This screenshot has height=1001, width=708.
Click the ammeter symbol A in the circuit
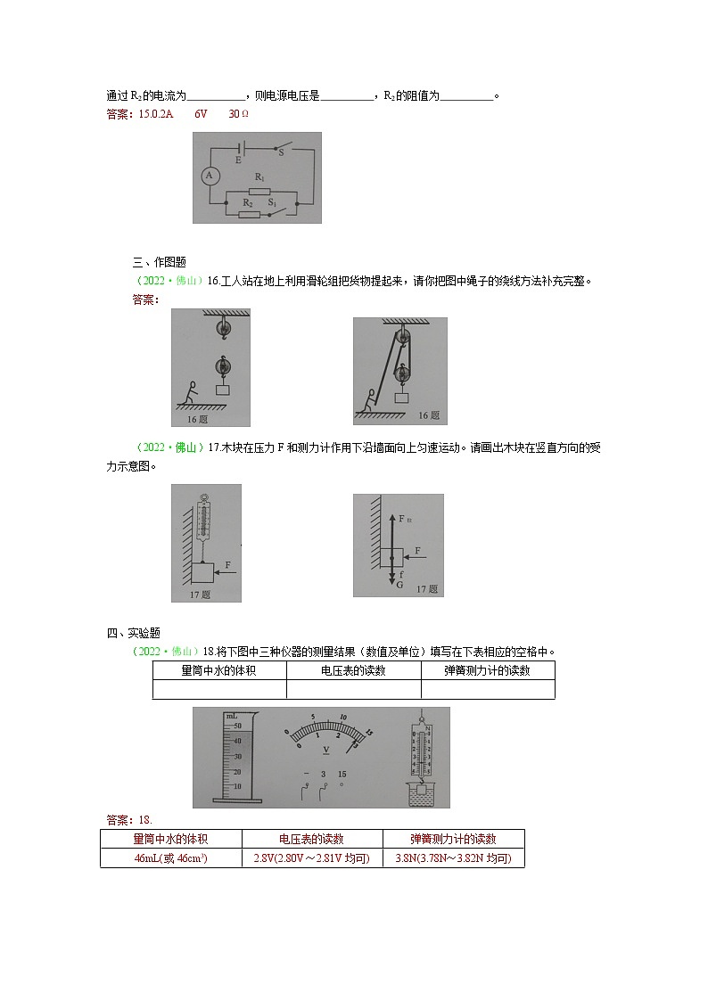[x=210, y=176]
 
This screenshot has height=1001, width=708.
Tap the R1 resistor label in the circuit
[x=259, y=177]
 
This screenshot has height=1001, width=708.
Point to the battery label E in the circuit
[x=238, y=160]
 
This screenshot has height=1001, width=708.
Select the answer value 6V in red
[x=201, y=114]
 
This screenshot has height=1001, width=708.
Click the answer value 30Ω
[x=238, y=114]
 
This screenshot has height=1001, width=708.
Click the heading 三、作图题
[x=159, y=262]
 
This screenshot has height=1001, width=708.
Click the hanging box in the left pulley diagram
[x=222, y=389]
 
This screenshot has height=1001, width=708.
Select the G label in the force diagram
[x=399, y=586]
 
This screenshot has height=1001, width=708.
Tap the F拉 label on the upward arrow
[x=403, y=517]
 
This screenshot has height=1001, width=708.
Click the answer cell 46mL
[x=170, y=858]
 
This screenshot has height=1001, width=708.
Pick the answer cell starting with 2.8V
[x=311, y=858]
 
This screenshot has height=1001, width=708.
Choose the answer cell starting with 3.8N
[x=453, y=858]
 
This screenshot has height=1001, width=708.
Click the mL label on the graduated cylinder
[x=231, y=717]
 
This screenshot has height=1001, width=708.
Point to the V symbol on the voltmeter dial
[x=326, y=750]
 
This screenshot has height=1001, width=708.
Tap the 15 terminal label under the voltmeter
[x=342, y=774]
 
